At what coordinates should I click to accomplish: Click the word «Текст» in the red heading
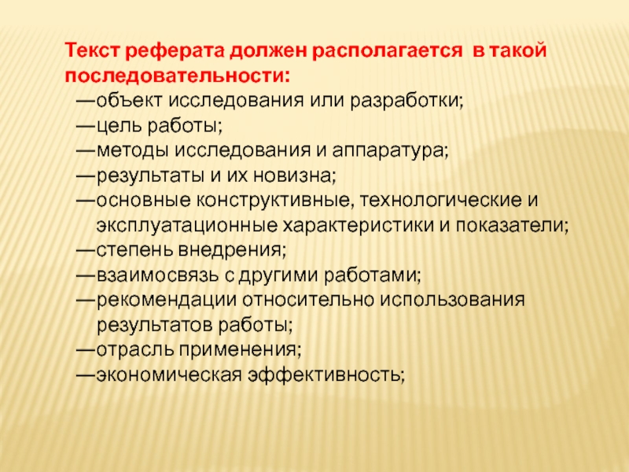(89, 51)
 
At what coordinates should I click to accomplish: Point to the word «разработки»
(414, 102)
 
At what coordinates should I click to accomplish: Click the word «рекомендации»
(157, 301)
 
